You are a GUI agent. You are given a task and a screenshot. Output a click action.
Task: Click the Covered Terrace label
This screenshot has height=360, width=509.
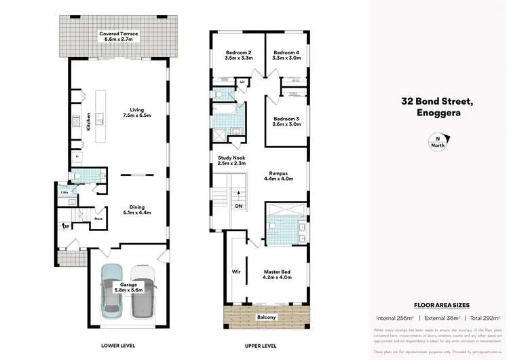119,37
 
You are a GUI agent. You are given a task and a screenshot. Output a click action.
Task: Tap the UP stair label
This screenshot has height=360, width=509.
65,226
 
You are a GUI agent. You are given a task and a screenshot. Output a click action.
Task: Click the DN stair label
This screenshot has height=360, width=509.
238,206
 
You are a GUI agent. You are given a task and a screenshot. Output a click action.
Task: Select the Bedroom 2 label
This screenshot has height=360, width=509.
238,56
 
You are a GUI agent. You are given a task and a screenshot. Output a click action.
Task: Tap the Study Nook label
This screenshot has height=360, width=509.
231,160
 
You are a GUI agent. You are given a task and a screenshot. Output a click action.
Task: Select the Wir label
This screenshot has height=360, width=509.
237,271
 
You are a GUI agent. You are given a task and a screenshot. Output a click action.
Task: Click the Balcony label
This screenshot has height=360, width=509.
266,317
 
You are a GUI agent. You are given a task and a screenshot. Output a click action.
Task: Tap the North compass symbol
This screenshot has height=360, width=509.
437,142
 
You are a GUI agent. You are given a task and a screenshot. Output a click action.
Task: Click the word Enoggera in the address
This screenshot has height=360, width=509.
436,113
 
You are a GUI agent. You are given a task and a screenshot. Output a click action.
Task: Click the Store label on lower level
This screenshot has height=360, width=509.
98,219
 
